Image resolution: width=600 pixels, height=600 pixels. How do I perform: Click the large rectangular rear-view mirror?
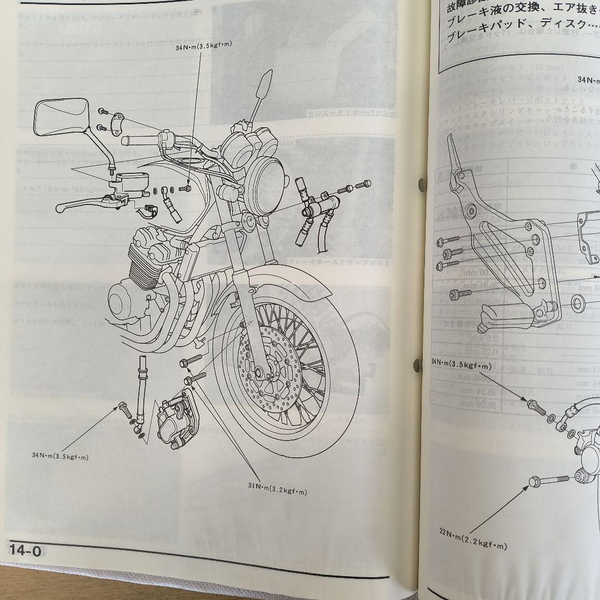pos(60,117)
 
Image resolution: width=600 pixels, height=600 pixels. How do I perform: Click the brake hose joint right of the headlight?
pos(317,208)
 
